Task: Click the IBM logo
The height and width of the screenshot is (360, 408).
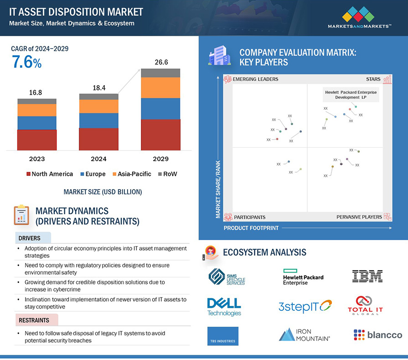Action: coord(367,276)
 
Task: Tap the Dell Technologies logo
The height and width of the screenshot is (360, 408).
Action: coord(224,307)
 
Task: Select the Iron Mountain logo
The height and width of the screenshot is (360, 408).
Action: coord(304,335)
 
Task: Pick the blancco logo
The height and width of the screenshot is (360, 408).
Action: coord(378,335)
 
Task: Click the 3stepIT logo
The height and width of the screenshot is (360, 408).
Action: coord(305,307)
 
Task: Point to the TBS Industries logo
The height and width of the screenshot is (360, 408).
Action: coord(222,336)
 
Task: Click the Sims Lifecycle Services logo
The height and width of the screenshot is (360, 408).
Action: coord(227,277)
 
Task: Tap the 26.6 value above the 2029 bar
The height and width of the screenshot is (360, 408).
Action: coord(160,62)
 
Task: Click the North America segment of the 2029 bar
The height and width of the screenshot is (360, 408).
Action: coord(160,134)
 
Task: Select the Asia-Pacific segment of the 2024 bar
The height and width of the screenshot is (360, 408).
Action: coord(98,106)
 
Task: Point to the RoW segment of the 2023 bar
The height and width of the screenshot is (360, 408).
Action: coord(37,101)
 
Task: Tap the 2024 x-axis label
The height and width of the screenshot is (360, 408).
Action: coord(98,159)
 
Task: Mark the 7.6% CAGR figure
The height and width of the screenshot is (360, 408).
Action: coord(26,62)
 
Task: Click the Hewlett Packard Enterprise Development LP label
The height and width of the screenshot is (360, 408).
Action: coord(350,95)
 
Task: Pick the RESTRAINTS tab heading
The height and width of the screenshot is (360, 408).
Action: coord(34,321)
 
